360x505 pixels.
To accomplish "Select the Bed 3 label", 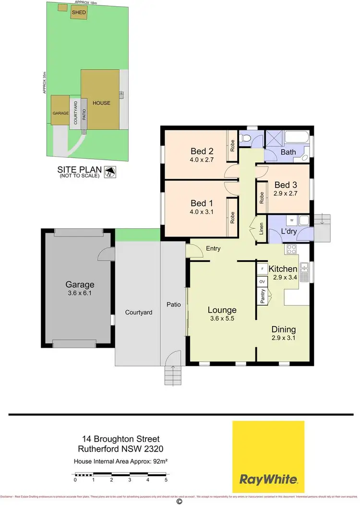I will [286, 185].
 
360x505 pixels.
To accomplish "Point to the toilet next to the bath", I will [247, 139].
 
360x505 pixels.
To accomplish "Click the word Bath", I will [288, 153].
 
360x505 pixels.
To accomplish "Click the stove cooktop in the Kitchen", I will [291, 249].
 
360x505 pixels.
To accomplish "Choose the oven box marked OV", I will [262, 282].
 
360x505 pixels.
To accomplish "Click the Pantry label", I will [262, 297].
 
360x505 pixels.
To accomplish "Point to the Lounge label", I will [222, 310].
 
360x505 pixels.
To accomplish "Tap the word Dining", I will [283, 329].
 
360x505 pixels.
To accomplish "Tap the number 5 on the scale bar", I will [166, 480].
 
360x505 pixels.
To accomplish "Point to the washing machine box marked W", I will [291, 220].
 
